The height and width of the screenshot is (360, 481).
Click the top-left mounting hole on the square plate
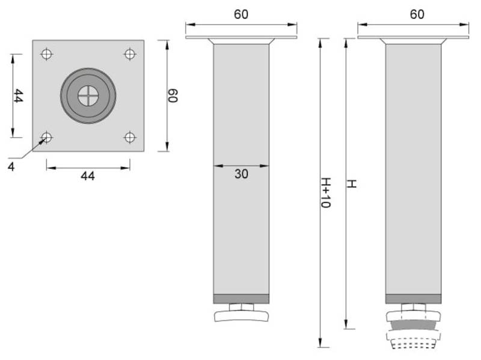[46, 54]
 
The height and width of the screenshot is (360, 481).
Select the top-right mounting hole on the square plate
[130, 54]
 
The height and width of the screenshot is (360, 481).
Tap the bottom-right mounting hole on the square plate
[130, 138]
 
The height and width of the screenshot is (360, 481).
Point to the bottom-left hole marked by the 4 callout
[46, 138]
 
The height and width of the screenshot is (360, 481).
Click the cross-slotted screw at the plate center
[88, 96]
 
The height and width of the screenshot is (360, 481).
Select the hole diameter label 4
[11, 166]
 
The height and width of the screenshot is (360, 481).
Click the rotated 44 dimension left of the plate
[18, 96]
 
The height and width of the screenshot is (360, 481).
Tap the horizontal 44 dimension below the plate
[88, 176]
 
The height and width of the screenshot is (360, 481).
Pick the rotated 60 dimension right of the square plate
[173, 96]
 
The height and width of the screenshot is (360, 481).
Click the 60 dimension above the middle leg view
[241, 14]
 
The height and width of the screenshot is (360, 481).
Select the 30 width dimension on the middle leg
[241, 174]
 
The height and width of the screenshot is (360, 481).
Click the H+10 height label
[325, 192]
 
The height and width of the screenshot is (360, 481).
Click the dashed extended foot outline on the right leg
[413, 344]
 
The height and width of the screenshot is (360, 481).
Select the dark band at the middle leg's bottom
[241, 299]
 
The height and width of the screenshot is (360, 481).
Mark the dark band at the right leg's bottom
[413, 299]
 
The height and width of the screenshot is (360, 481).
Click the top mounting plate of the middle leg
[241, 38]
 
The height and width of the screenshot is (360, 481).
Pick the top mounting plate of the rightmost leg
[413, 38]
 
